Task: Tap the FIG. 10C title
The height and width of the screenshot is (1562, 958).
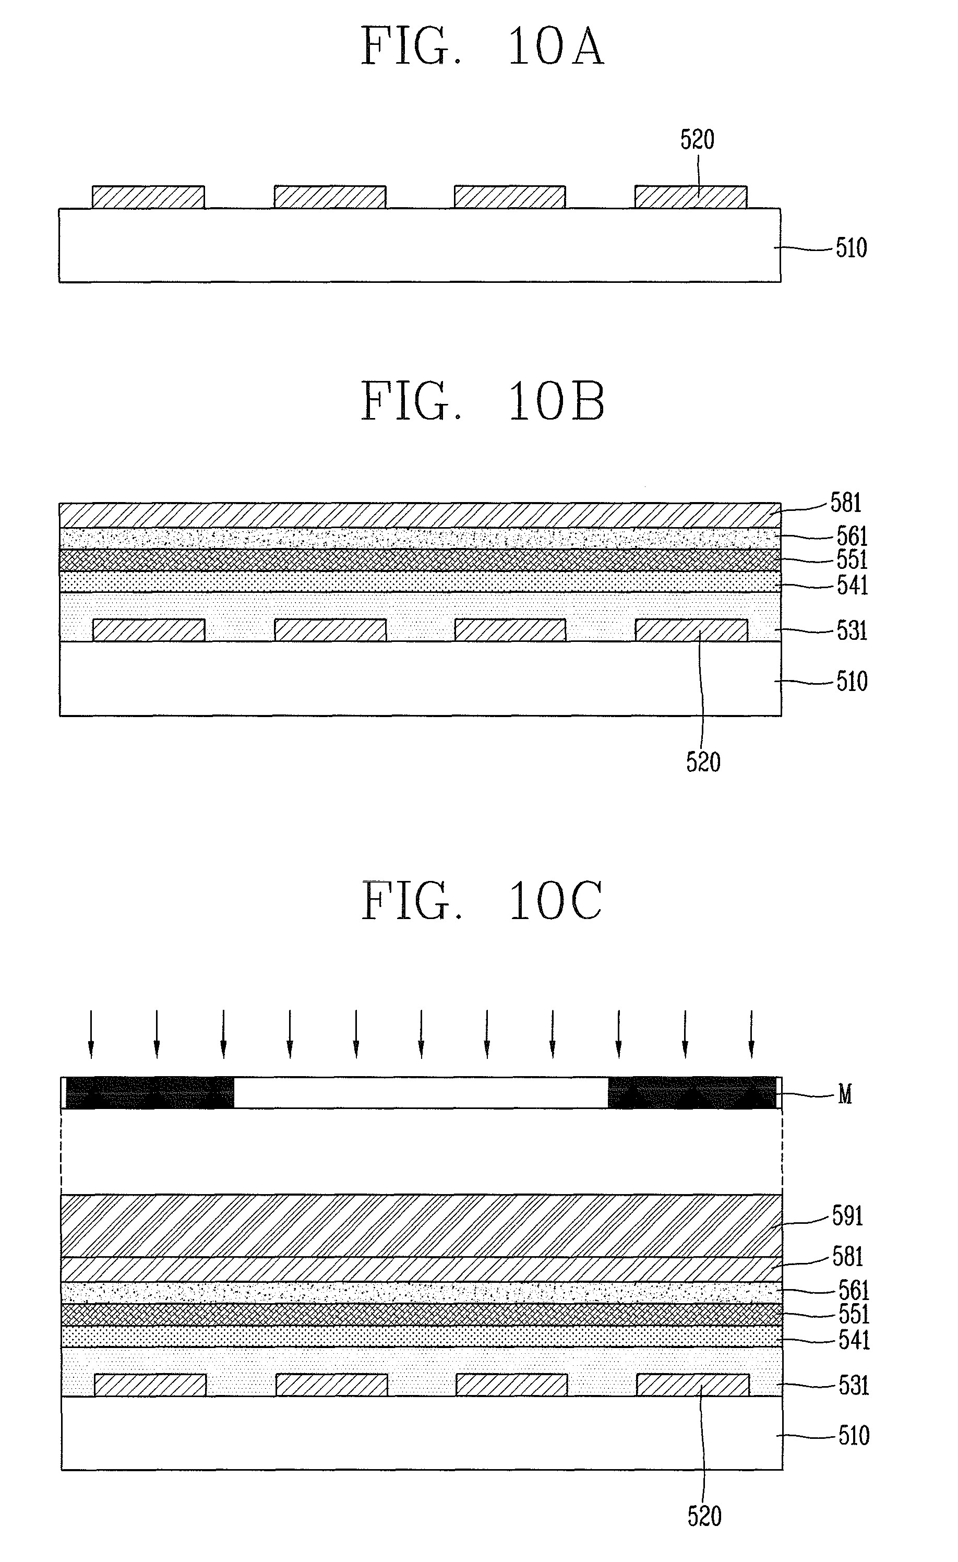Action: tap(482, 901)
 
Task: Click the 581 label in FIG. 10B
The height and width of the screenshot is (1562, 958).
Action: tap(846, 503)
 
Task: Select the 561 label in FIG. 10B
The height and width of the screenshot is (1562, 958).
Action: tap(852, 536)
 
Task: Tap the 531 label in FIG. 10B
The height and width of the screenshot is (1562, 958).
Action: tap(852, 631)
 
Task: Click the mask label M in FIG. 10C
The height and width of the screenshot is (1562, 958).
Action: tap(844, 1094)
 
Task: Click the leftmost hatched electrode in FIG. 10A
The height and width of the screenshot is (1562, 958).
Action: tap(148, 197)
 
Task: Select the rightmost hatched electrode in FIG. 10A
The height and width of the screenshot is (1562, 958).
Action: tap(690, 197)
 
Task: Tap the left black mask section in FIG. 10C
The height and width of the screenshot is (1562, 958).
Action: tap(150, 1093)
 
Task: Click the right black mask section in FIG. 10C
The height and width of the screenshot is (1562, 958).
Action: tap(692, 1093)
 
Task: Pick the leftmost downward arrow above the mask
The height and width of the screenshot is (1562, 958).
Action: tap(91, 1034)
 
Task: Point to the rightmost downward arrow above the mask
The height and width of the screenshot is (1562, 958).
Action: tap(751, 1034)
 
